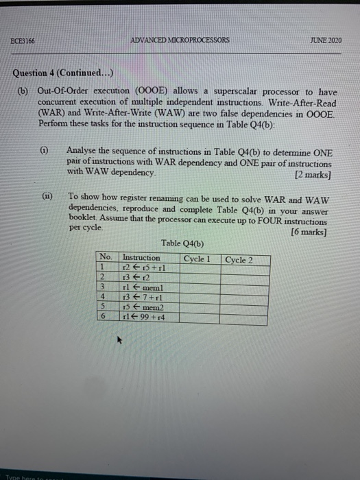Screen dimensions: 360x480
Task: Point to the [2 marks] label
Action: click(313, 174)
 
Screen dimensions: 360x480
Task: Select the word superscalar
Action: click(234, 92)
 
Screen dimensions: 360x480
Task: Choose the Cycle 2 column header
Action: click(239, 260)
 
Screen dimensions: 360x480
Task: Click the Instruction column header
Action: click(141, 259)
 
